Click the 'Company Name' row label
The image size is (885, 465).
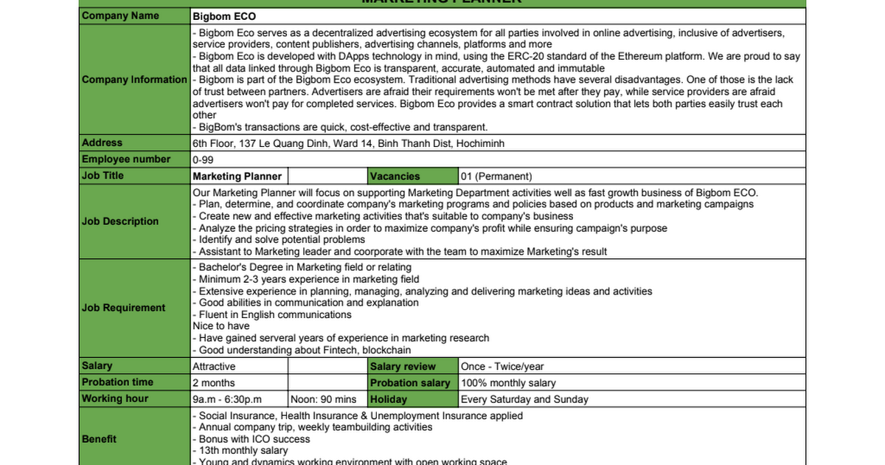click(120, 15)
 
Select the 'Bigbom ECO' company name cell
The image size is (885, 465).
click(224, 16)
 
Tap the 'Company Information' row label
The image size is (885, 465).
click(134, 80)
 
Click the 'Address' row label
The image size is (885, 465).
click(103, 143)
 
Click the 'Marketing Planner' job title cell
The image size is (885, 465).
click(237, 176)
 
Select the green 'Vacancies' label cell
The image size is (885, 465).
click(395, 176)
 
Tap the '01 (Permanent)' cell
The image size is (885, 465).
click(496, 176)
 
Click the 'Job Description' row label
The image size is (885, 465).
click(120, 221)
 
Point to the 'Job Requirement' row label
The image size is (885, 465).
click(123, 308)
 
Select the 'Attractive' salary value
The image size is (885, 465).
click(215, 367)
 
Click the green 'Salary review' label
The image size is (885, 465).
click(403, 367)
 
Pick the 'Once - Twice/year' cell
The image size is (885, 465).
click(502, 367)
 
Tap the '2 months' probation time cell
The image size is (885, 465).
click(214, 383)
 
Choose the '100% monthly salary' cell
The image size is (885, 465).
click(508, 383)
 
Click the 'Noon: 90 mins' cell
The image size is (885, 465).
click(324, 399)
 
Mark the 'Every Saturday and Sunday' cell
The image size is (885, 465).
click(524, 399)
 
